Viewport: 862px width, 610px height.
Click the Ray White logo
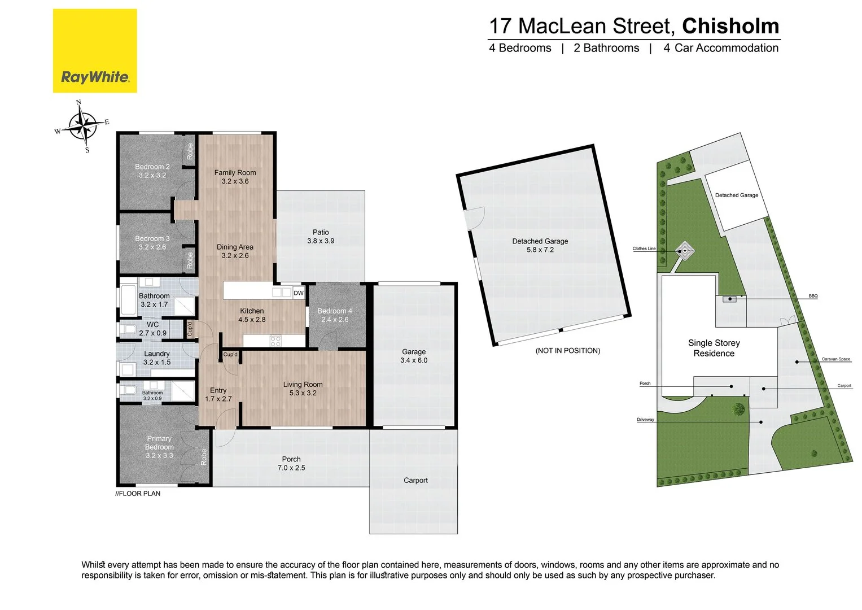click(95, 51)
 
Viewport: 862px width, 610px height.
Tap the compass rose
click(83, 126)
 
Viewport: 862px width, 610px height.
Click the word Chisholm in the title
click(730, 26)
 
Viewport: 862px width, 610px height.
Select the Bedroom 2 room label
click(152, 167)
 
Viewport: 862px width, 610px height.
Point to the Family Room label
click(235, 173)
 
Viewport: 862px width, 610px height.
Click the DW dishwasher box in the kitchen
click(299, 293)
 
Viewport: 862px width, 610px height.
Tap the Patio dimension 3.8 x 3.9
click(321, 241)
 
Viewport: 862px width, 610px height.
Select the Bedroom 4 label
click(335, 311)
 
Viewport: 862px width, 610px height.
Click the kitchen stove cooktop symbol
click(275, 341)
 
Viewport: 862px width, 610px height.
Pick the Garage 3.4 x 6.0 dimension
click(414, 360)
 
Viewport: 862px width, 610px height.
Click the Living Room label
click(303, 385)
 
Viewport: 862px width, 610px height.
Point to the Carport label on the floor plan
click(415, 481)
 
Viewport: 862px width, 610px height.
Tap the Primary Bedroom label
click(159, 443)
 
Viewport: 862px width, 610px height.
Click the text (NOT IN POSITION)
click(568, 351)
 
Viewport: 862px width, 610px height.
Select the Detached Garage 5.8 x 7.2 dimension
click(540, 250)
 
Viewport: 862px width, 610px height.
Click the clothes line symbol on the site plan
click(684, 250)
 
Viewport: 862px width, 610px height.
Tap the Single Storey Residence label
click(714, 348)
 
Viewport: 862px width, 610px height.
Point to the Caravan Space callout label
click(835, 359)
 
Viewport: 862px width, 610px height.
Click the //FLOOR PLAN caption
click(138, 494)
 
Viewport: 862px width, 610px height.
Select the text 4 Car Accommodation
click(720, 49)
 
